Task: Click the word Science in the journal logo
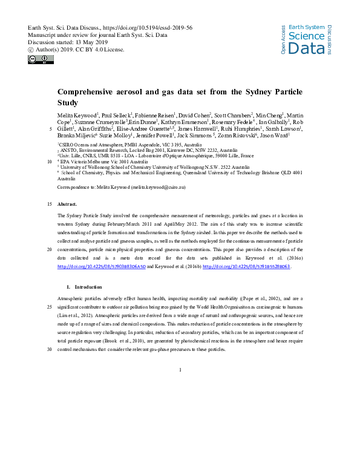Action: pyautogui.click(x=306, y=36)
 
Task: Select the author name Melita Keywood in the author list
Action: pyautogui.click(x=77, y=114)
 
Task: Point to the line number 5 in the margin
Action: pyautogui.click(x=48, y=129)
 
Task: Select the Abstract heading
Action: pyautogui.click(x=67, y=205)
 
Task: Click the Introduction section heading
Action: pyautogui.click(x=88, y=286)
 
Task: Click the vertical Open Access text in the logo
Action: pyautogui.click(x=284, y=41)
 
